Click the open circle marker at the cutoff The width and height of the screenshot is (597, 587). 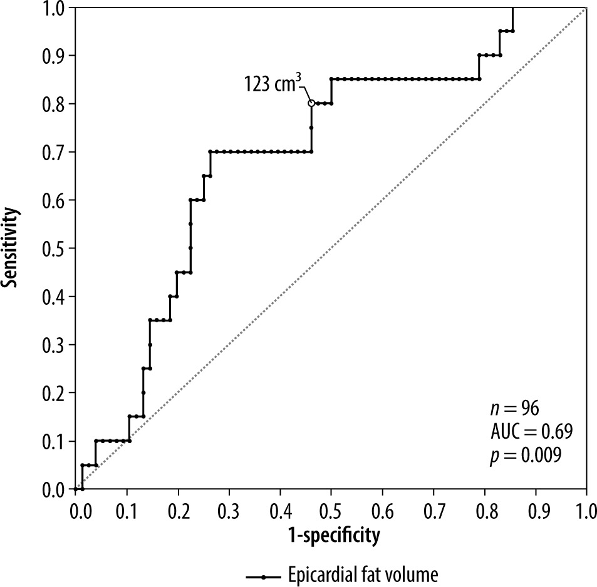point(311,103)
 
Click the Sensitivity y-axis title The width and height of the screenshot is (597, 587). point(10,248)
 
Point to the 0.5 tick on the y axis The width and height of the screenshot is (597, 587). point(73,248)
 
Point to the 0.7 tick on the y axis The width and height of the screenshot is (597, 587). point(73,152)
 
